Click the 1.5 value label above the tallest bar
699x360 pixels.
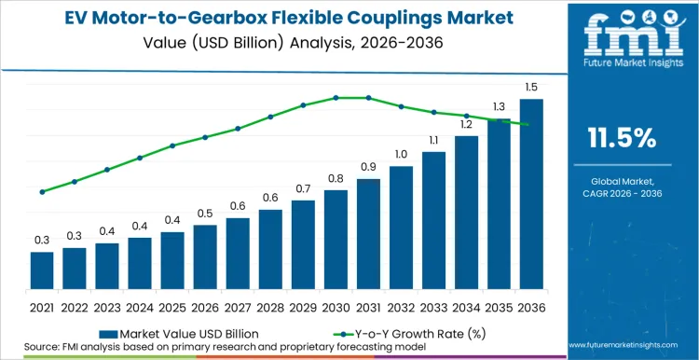click(x=530, y=87)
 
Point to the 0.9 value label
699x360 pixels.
click(x=368, y=167)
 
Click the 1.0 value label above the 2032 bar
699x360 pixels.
click(x=401, y=154)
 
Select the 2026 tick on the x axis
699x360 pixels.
click(x=205, y=306)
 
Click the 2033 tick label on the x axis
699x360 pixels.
click(x=433, y=306)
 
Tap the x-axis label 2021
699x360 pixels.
click(x=42, y=306)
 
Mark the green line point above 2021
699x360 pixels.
click(x=42, y=192)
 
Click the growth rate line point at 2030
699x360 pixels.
click(x=336, y=98)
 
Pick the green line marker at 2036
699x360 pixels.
click(x=530, y=125)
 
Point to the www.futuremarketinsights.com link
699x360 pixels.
click(x=624, y=346)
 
